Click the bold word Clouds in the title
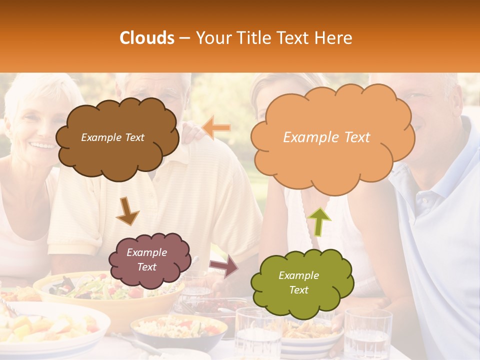147,38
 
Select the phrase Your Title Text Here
273,38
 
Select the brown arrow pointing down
127,210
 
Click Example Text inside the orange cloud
326,137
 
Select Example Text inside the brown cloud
112,137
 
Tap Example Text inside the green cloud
298,282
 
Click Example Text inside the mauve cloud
146,259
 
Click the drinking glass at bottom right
367,335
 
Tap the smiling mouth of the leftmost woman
42,145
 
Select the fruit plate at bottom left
50,327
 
